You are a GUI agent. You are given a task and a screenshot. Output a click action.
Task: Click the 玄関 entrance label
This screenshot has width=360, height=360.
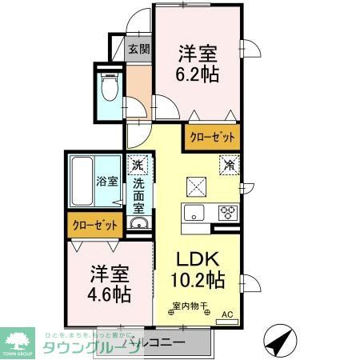pos(139,49)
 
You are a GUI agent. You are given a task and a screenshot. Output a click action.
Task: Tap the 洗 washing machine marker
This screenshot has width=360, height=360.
pos(138,166)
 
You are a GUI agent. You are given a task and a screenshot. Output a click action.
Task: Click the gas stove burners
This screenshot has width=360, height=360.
pos(227,213)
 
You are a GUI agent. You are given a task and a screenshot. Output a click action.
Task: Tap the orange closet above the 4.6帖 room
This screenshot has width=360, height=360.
pos(95,225)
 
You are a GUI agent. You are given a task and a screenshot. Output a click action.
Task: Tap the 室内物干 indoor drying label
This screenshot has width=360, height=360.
pos(189,305)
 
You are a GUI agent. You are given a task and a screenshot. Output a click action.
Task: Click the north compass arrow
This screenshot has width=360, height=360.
pos(278,342)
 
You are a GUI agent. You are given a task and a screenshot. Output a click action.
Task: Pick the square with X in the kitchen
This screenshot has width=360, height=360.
pos(196,186)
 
